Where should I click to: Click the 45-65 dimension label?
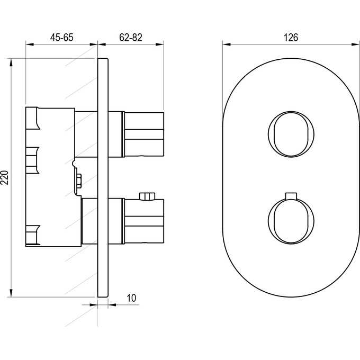coord(62,38)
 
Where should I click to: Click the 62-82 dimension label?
coord(131,38)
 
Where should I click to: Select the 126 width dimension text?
coord(291,38)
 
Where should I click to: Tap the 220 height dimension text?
coord(5,177)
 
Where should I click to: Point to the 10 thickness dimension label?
coord(131,298)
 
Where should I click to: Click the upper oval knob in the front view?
coord(291,134)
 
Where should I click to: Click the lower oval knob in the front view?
coord(291,220)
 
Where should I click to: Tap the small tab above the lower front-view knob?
coord(291,195)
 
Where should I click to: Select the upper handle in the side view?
coord(143,134)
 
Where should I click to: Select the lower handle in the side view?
coord(143,221)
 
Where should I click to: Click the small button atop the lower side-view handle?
coord(147,196)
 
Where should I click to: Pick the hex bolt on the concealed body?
coord(78,182)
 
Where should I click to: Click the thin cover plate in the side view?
coord(103,178)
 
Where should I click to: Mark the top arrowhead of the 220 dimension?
coord(11,62)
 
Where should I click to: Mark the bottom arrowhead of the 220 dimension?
coord(11,293)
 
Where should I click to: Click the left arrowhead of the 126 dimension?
coord(227,44)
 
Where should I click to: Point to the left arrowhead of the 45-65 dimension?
coord(30,44)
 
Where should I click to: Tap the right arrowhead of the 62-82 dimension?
coord(160,44)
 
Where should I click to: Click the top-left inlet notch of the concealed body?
coord(33,118)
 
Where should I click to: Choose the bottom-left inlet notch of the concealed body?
coord(33,235)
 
